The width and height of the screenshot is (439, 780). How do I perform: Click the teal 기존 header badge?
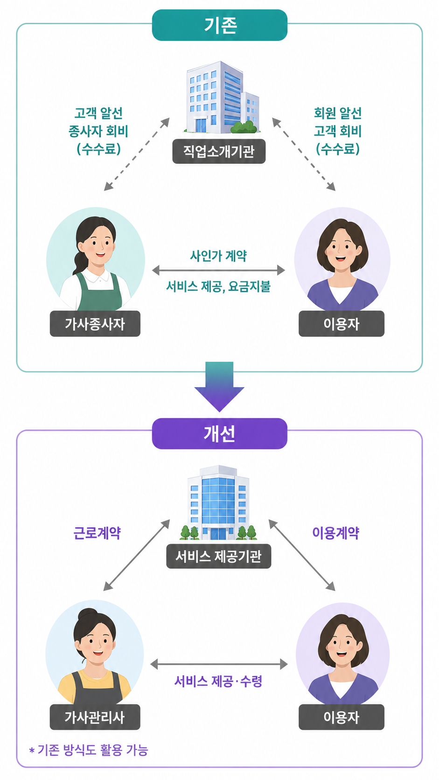click(x=219, y=25)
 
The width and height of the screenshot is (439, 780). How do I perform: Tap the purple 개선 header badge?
click(x=219, y=433)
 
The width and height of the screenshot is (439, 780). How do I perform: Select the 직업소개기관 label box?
click(x=219, y=152)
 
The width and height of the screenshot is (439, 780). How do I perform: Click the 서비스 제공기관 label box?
click(x=219, y=556)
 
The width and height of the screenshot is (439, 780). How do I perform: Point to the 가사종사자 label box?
click(x=95, y=324)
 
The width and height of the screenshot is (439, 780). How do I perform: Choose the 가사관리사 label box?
click(x=95, y=717)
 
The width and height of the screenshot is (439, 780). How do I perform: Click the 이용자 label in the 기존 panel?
click(x=341, y=324)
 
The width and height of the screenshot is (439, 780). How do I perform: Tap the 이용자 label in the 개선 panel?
click(x=341, y=717)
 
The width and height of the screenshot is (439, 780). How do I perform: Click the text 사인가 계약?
click(x=218, y=256)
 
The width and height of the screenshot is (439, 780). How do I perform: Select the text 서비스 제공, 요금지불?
click(x=218, y=286)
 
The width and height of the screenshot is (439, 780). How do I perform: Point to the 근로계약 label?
click(x=97, y=533)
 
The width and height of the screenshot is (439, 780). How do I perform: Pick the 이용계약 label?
click(x=335, y=533)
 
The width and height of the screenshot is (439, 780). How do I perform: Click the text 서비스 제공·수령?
click(x=218, y=681)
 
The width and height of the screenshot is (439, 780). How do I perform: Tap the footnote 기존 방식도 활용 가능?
click(x=92, y=750)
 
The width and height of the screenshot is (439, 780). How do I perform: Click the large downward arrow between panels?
click(x=219, y=387)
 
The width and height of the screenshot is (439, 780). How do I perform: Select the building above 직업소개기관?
click(x=222, y=97)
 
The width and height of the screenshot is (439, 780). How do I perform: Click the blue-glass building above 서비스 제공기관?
click(x=219, y=502)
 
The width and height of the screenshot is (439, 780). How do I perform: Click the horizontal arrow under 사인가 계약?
click(x=219, y=270)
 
